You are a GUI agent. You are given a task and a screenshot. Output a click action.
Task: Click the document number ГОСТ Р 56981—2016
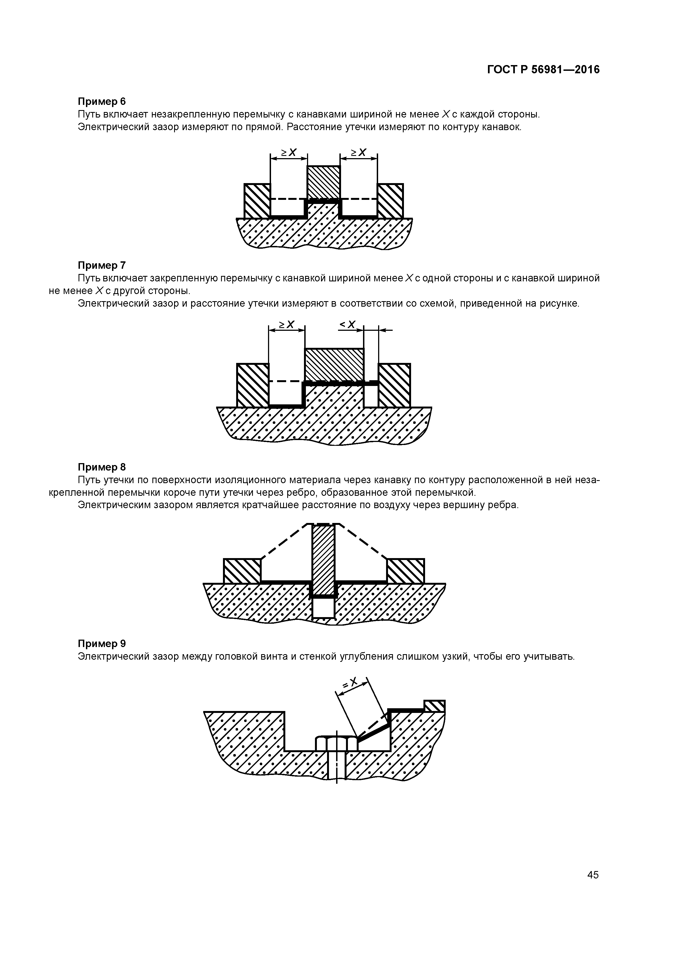point(543,70)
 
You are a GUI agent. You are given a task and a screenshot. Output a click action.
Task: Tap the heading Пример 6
point(102,102)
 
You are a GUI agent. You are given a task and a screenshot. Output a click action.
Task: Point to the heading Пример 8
point(102,467)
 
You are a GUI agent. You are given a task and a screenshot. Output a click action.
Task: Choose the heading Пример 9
point(102,643)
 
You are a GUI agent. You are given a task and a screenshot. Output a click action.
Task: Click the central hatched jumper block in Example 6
point(323,183)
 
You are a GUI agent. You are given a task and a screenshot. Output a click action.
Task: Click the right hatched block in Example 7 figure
point(394,385)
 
